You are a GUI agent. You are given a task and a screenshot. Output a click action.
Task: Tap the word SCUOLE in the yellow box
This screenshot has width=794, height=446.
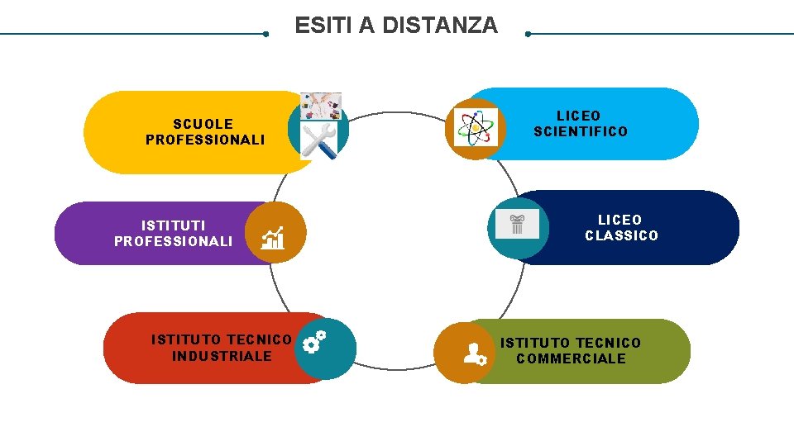point(203,124)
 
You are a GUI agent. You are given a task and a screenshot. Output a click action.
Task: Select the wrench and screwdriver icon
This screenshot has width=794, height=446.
point(318,141)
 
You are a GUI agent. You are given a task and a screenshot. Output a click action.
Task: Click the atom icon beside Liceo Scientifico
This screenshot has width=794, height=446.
point(474,128)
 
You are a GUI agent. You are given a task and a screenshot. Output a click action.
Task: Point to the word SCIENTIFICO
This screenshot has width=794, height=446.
point(581,131)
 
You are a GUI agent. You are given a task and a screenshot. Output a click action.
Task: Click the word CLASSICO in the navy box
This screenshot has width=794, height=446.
point(621,235)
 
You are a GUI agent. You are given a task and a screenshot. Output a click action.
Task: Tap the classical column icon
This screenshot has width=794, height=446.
point(517,223)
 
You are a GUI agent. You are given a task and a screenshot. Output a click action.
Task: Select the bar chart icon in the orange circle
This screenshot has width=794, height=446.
point(273,238)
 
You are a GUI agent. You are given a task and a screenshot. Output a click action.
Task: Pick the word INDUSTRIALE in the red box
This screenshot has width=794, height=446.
point(222,356)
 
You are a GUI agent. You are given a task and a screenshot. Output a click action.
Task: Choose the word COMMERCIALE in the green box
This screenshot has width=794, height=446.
point(571,358)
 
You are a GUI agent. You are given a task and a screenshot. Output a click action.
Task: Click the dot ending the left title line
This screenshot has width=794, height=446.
point(265,35)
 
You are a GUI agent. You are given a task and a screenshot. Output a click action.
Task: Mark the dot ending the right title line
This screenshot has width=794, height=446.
point(528,35)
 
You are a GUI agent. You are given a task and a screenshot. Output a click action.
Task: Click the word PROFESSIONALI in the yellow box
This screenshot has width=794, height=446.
point(205,140)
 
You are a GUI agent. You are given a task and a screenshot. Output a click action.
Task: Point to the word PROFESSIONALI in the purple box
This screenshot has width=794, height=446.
point(174,242)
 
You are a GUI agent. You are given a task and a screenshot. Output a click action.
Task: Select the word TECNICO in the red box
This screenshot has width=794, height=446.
point(258,339)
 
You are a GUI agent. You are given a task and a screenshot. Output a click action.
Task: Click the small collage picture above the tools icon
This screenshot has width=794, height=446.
point(320,106)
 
